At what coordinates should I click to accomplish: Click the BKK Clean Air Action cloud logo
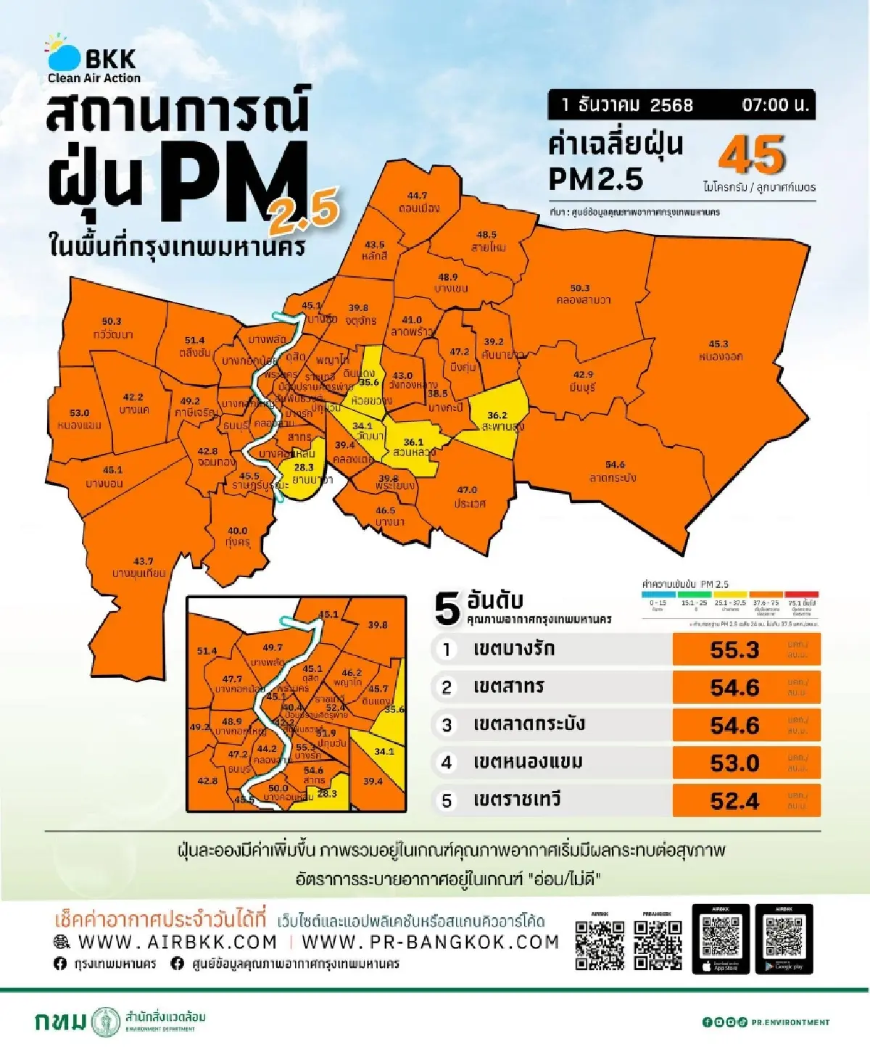click(x=64, y=54)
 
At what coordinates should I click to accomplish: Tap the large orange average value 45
click(x=752, y=155)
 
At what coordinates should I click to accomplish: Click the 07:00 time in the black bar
click(x=774, y=105)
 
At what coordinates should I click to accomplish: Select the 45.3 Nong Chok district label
click(x=719, y=350)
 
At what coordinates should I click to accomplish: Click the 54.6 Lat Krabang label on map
click(x=614, y=471)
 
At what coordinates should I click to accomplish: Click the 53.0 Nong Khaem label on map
click(x=79, y=418)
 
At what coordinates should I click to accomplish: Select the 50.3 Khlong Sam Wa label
click(x=581, y=294)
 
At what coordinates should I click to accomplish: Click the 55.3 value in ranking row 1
click(x=734, y=650)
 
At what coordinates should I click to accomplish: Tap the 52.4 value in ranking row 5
click(x=734, y=800)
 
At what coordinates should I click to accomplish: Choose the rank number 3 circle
click(x=447, y=725)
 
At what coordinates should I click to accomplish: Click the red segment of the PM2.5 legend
click(x=802, y=595)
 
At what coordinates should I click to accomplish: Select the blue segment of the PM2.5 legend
click(x=658, y=595)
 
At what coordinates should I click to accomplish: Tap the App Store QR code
click(x=721, y=936)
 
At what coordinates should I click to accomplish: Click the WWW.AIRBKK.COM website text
click(x=177, y=942)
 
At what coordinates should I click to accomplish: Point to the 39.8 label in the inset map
click(x=377, y=624)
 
